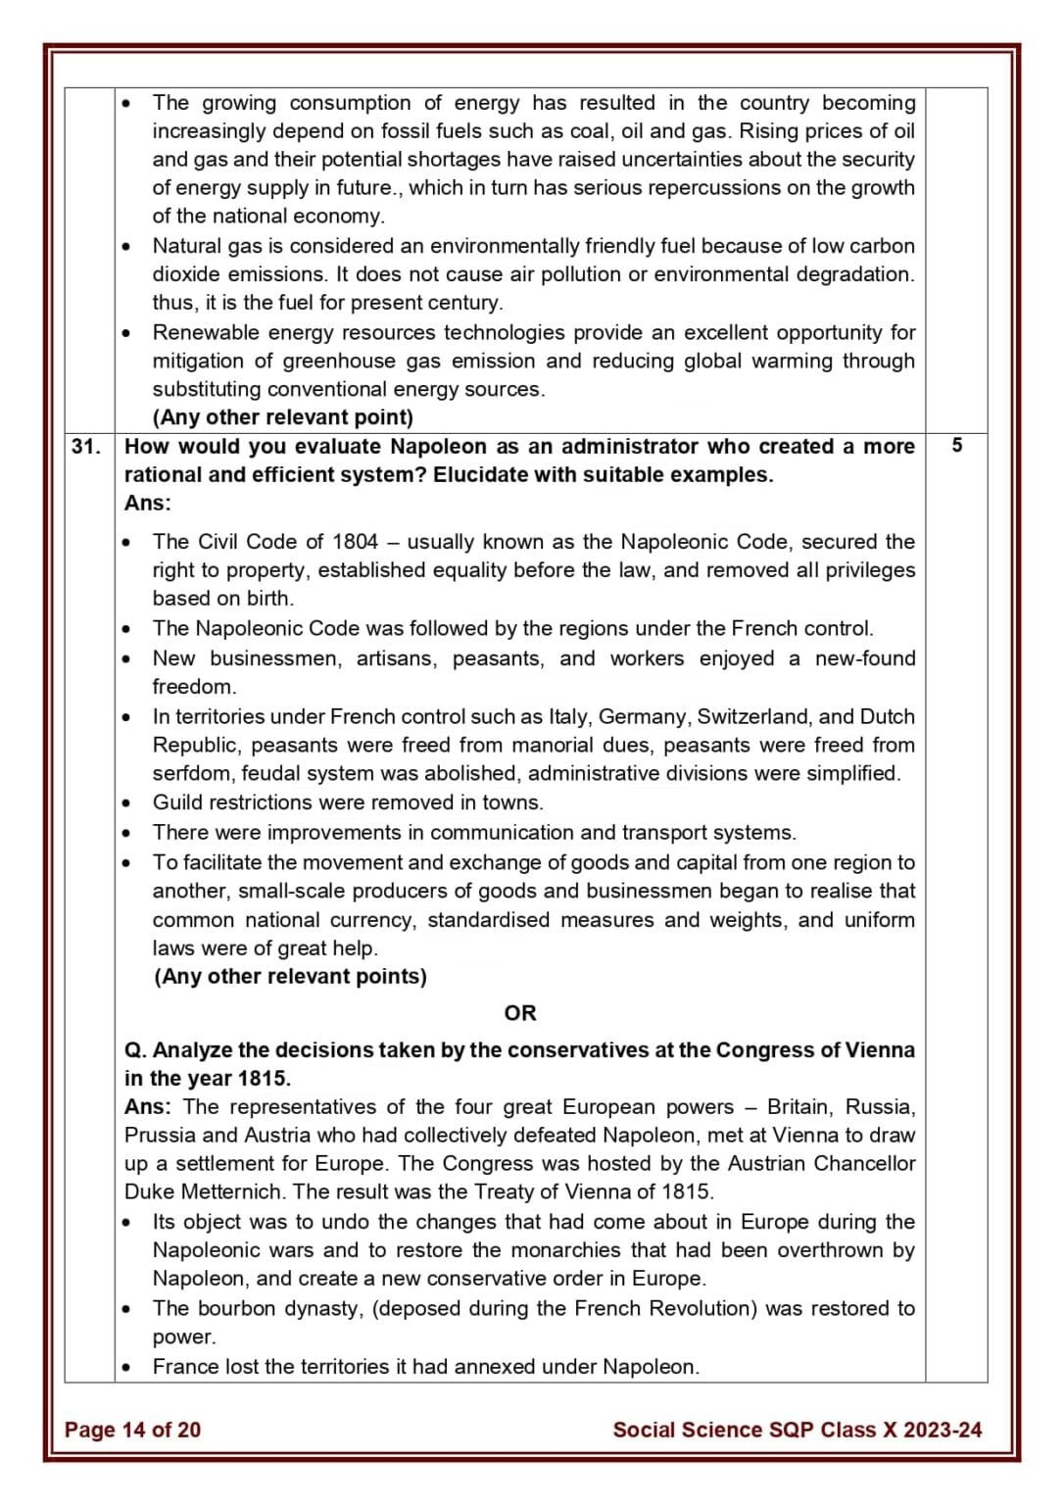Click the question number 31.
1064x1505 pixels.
pos(85,447)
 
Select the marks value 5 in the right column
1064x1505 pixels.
pos(956,446)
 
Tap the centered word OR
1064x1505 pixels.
pos(520,1013)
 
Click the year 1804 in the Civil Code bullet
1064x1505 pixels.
pos(355,542)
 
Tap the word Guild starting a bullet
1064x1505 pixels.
pos(179,802)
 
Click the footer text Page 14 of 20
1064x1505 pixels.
pos(132,1430)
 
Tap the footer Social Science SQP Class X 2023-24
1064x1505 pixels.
pos(797,1430)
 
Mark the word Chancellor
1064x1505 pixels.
pos(864,1164)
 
